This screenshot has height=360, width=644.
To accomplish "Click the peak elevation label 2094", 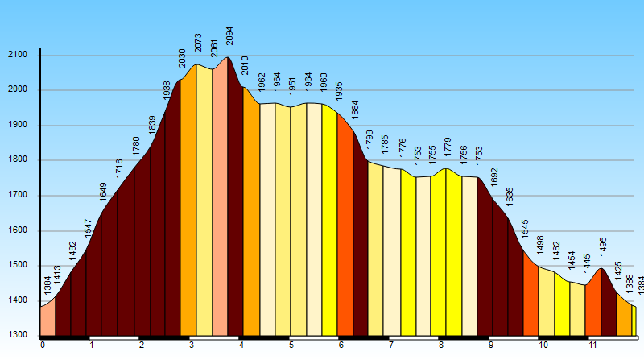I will coord(229,36).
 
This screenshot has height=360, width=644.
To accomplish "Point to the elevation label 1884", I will coord(355,110).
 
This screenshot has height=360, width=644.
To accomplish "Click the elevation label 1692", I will coord(494,177).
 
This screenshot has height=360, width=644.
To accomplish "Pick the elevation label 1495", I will coord(603,246).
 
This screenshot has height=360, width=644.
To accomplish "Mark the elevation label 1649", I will coord(103,192).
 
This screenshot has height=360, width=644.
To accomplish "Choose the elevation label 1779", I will coord(447,148).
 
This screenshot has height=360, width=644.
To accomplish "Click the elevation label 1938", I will coord(167,89).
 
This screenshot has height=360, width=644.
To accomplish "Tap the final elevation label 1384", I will coord(641,285).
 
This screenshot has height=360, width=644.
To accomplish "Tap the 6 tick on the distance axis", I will coord(341,346).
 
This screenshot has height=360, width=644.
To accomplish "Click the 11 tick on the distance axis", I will coord(592,346).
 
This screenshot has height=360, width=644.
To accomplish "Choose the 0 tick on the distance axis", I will coord(43,346).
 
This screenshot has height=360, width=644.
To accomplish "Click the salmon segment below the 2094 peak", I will coord(220,201).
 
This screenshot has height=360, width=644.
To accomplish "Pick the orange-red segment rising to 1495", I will coord(593,306).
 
